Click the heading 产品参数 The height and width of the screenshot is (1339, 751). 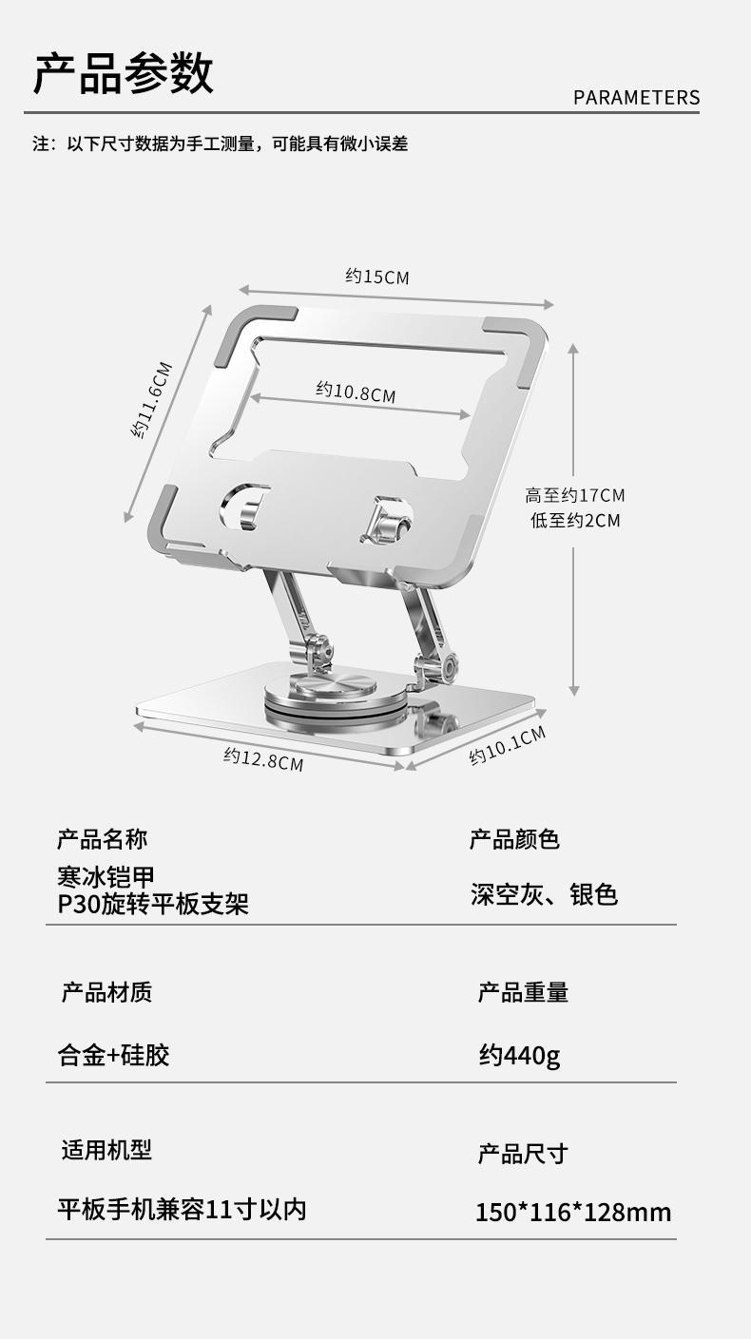124,74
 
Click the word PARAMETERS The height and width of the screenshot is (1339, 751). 636,98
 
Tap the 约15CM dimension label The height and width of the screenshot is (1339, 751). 376,277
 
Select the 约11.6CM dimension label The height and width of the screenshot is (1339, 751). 152,399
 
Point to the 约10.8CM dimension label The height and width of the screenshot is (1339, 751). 356,392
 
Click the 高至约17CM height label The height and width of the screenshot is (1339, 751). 574,495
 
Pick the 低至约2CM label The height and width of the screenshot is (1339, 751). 574,520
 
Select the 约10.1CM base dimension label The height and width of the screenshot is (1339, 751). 508,745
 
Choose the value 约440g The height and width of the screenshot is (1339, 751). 519,1055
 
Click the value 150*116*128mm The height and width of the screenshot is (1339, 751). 573,1213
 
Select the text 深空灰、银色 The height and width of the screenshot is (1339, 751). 544,894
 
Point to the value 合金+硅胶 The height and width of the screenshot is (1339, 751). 114,1055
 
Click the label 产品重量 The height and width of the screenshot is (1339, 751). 523,993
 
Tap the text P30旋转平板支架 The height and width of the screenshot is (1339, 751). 153,903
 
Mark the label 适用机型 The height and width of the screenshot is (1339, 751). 106,1151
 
